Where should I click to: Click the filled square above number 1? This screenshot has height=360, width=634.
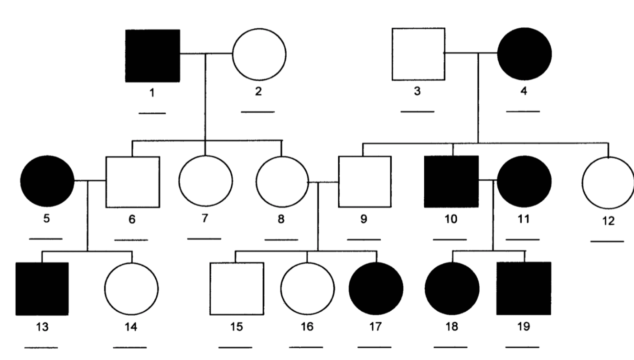click(x=152, y=56)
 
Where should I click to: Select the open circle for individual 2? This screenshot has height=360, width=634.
click(x=259, y=55)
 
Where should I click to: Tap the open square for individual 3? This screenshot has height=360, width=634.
click(x=419, y=54)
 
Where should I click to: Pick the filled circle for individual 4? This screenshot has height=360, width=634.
click(x=525, y=54)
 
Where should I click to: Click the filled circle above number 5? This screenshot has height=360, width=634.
click(x=47, y=181)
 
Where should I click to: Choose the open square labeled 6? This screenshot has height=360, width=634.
click(x=133, y=182)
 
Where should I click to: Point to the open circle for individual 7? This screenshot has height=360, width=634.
click(x=206, y=181)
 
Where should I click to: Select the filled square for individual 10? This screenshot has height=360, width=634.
click(x=451, y=182)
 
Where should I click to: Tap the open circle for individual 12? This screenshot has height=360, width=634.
click(x=608, y=183)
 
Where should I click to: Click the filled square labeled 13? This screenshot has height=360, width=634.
click(x=42, y=289)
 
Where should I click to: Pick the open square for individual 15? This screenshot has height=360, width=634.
click(x=237, y=289)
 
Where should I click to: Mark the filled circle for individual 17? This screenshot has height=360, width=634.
click(x=376, y=289)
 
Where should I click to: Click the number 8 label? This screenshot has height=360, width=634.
click(x=281, y=219)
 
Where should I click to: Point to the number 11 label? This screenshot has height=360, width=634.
click(x=524, y=219)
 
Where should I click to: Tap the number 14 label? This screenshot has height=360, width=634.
click(x=131, y=327)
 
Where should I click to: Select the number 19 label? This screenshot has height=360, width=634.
click(x=524, y=327)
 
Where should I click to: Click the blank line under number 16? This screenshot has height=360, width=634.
click(x=306, y=347)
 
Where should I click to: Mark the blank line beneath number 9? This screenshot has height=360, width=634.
click(x=364, y=240)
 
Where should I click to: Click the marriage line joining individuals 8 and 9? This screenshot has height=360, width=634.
click(x=323, y=182)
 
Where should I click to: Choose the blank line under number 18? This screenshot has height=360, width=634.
click(x=451, y=347)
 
